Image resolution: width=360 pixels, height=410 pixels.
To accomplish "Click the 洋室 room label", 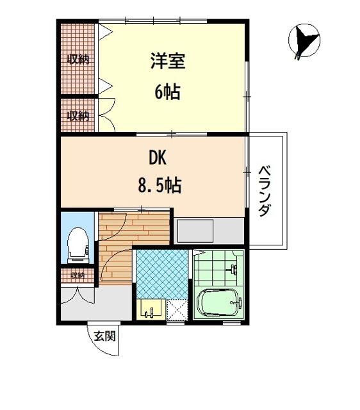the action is coord(168,61).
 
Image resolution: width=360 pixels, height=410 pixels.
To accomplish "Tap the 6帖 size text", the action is coord(168,92).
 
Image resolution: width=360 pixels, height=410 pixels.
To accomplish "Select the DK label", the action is coord(158,158).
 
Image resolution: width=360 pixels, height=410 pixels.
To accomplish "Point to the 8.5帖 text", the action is coord(160,185).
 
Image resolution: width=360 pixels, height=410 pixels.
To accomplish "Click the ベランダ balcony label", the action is coord(265,191).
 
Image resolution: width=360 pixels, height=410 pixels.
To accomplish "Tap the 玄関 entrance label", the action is coord(104,336).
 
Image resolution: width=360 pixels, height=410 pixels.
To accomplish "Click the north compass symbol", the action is coord(304,40).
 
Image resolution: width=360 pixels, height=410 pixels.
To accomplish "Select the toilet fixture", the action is coord(78,245).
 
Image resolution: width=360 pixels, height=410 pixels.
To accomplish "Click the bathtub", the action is coord(218,303).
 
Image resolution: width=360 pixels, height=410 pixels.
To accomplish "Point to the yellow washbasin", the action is coord(151,309).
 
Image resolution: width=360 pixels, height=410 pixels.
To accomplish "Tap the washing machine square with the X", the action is coord(177,309).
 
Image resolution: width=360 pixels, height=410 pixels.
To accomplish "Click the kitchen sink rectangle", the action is coord(195,231).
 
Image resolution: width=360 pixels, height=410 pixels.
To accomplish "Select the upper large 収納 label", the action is coord(78,60).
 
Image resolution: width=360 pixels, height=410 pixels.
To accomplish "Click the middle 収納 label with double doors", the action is coord(78,115).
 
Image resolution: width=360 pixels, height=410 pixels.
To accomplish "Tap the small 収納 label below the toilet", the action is coord(78,275).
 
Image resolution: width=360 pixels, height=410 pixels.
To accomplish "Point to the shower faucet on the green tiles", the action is coord(234,269).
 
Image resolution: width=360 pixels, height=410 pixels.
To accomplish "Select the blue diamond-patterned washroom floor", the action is coord(162,274).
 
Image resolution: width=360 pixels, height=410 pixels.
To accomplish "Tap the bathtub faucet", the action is coord(236,303).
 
